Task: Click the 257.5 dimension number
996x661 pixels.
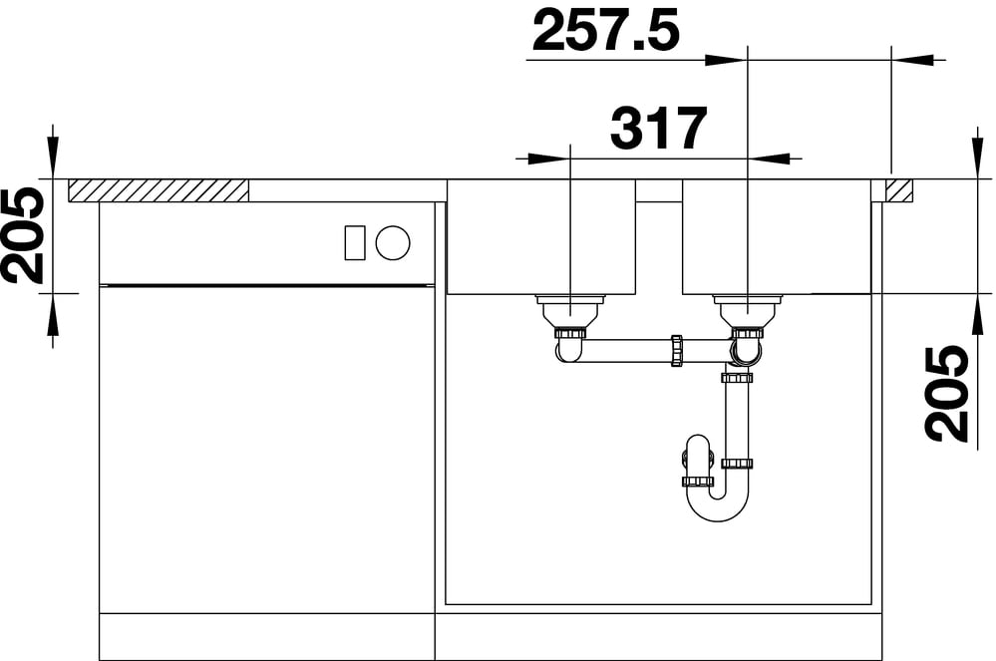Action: coord(606,31)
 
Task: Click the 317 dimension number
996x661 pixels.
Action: coord(658,128)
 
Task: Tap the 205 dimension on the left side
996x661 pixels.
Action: coord(22,235)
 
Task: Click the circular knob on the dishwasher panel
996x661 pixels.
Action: coord(393,242)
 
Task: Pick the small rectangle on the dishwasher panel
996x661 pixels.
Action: coord(355,242)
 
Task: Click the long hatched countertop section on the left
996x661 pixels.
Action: coord(159,190)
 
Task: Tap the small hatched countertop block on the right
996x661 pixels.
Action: coord(900,190)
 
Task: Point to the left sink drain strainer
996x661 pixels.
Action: coord(571,311)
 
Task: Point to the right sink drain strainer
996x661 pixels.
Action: coord(748,311)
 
